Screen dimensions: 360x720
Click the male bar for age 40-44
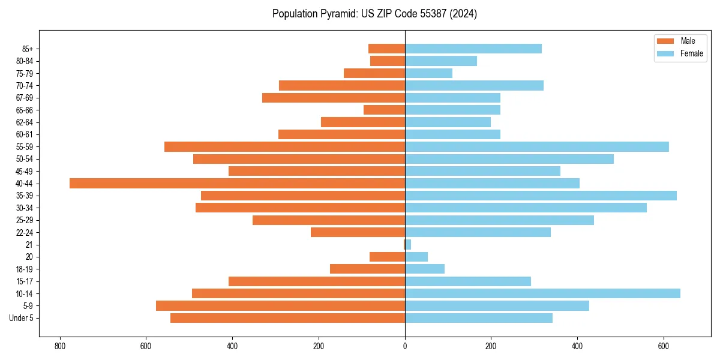pyautogui.click(x=237, y=183)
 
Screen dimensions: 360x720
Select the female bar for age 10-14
pyautogui.click(x=542, y=293)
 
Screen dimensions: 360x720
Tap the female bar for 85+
pyautogui.click(x=473, y=49)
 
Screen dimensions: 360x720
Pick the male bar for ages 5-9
pyautogui.click(x=280, y=305)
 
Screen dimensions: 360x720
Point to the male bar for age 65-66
pyautogui.click(x=384, y=110)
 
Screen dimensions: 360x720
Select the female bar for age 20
pyautogui.click(x=416, y=257)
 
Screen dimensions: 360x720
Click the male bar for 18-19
pyautogui.click(x=367, y=269)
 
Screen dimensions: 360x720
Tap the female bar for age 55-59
pyautogui.click(x=537, y=146)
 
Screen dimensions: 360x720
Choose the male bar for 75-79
pyautogui.click(x=374, y=73)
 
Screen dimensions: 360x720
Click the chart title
pyautogui.click(x=374, y=14)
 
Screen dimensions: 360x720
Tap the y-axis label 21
pyautogui.click(x=29, y=245)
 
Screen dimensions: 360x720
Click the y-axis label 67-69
pyautogui.click(x=25, y=98)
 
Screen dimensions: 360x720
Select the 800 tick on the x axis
pyautogui.click(x=59, y=346)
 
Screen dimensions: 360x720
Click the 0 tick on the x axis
pyautogui.click(x=405, y=346)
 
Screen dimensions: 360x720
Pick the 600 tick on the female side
pyautogui.click(x=664, y=346)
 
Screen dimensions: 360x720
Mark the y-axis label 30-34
pyautogui.click(x=25, y=208)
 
